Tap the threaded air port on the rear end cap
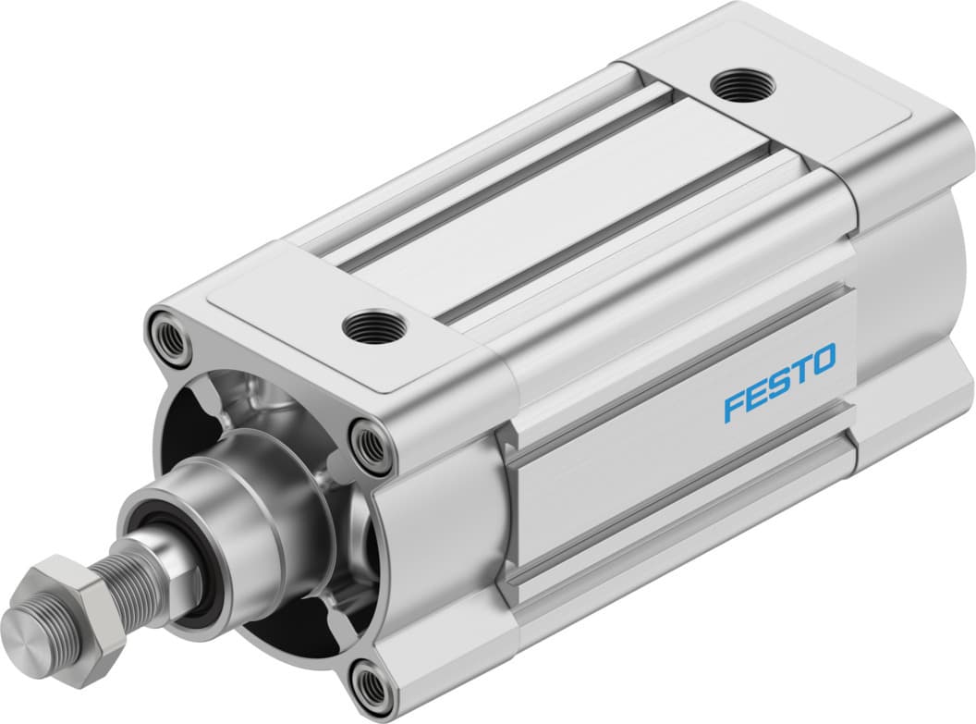pos(743,86)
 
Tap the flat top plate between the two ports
pos(555,203)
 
